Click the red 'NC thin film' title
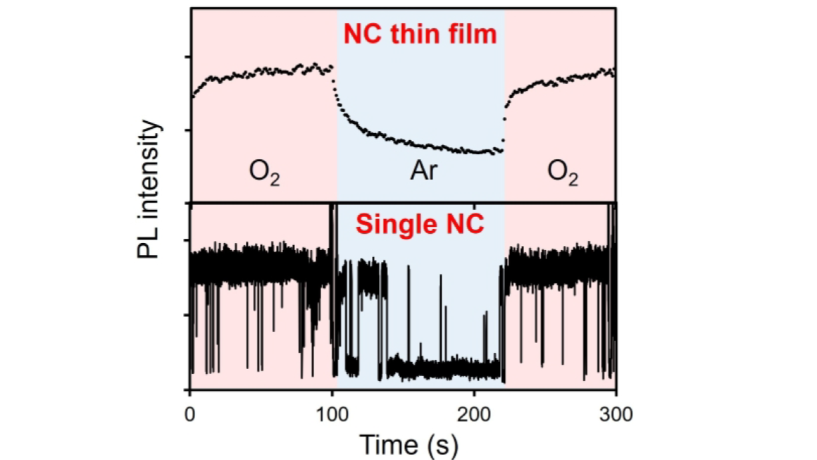coord(420,34)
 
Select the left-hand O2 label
coord(265,173)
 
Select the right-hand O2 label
coord(563,173)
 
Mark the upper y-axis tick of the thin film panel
coord(187,57)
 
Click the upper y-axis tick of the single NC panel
coord(187,241)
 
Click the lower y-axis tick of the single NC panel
coord(187,315)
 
